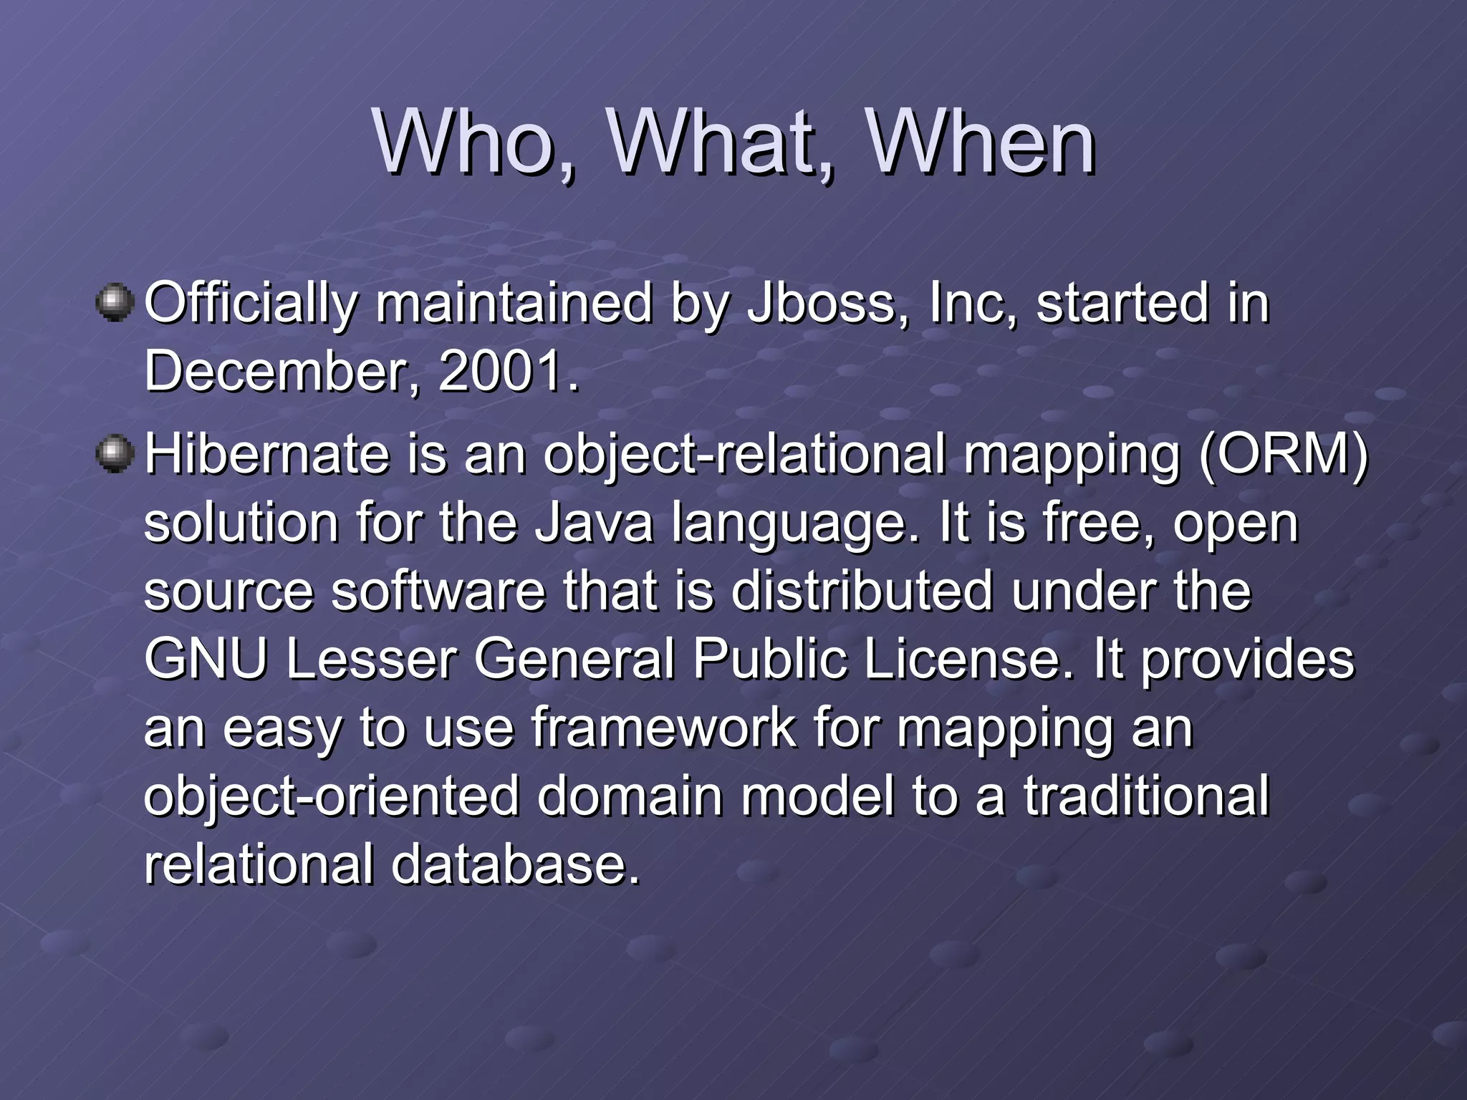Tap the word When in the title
pos(981,143)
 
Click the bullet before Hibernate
pos(114,455)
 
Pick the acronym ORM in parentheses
pos(1283,455)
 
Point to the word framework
pos(663,728)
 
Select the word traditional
pos(1146,796)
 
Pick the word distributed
pos(863,591)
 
